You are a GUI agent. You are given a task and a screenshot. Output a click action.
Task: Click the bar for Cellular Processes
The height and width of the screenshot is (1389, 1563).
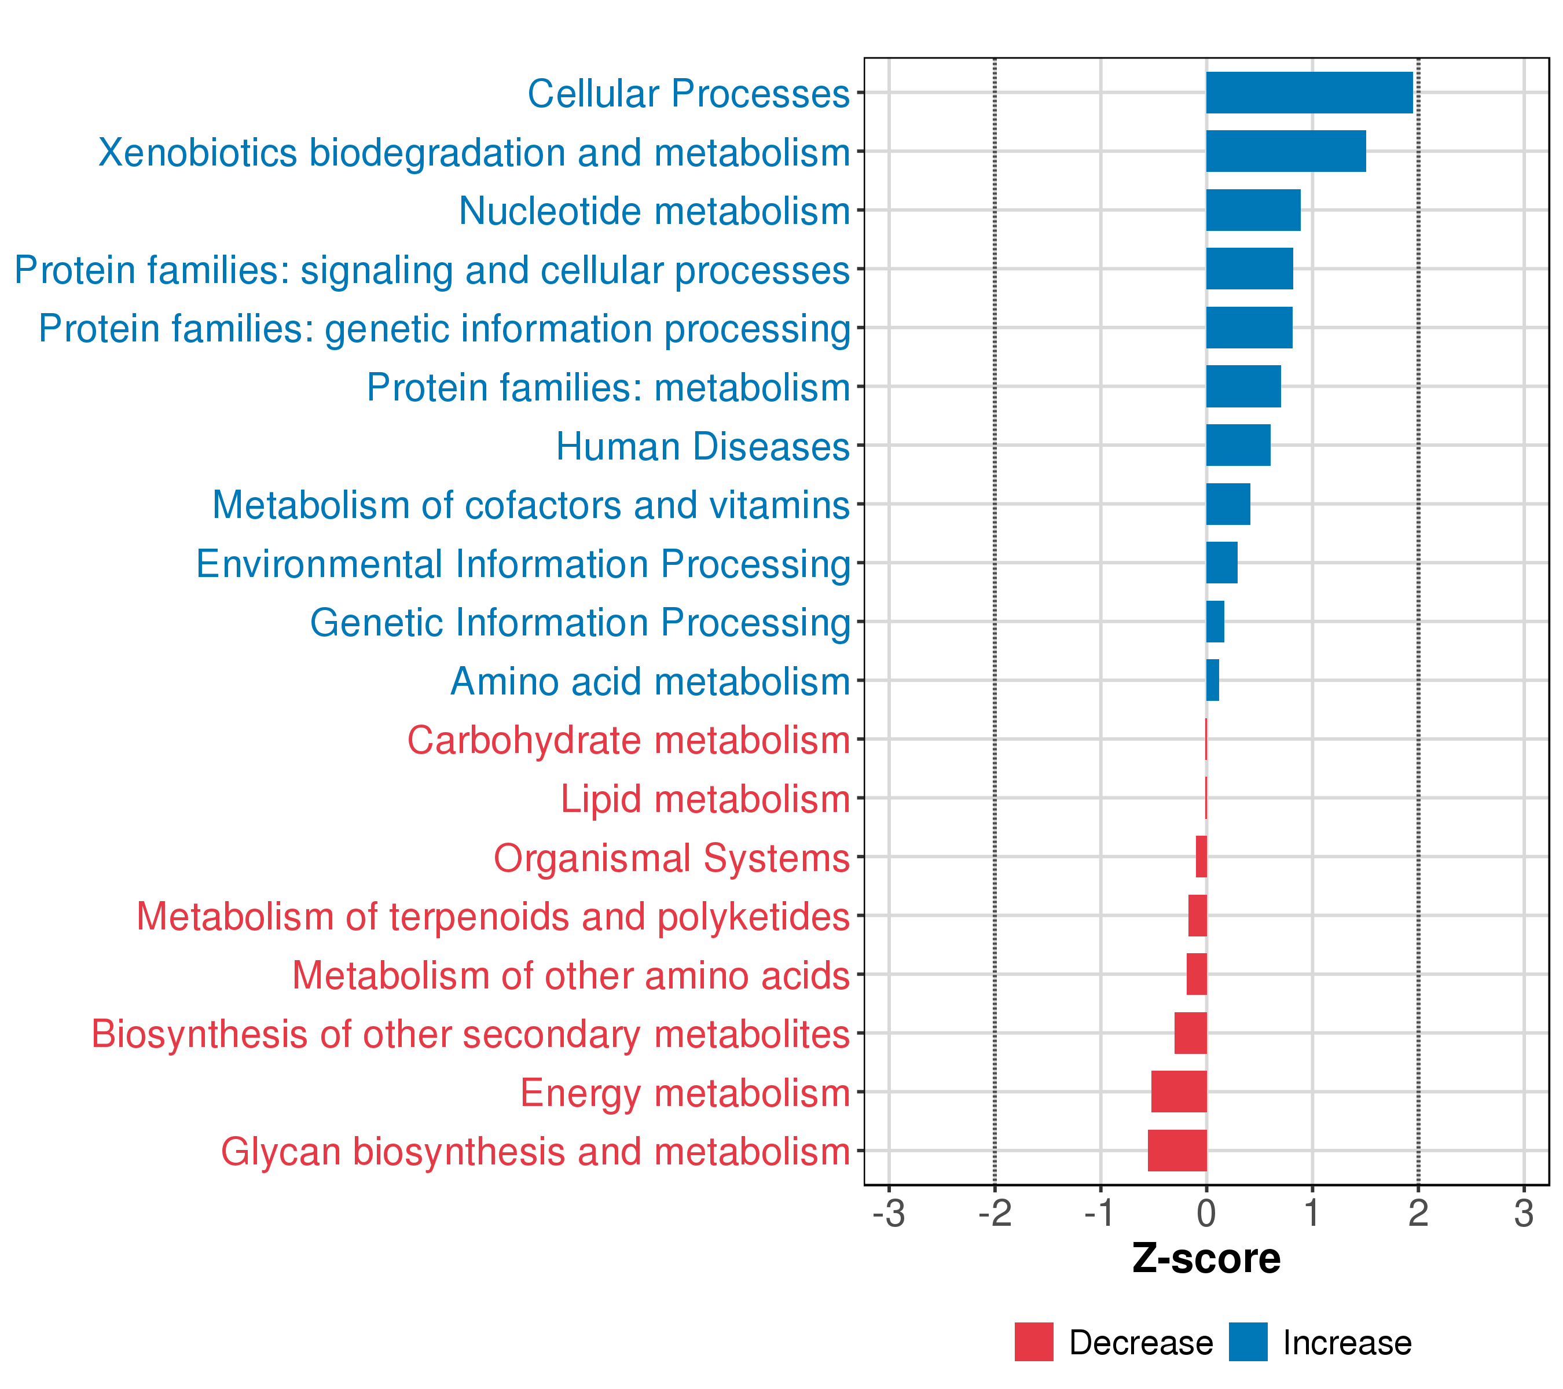[1309, 93]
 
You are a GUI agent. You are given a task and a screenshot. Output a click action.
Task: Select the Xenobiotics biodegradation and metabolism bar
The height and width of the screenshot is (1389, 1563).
[1285, 152]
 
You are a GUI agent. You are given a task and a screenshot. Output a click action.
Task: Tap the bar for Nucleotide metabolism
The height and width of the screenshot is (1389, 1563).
[1253, 210]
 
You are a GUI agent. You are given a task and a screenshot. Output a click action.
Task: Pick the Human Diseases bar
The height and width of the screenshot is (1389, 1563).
[1238, 445]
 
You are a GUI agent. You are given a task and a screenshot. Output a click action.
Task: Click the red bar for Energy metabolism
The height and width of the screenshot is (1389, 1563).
[1179, 1092]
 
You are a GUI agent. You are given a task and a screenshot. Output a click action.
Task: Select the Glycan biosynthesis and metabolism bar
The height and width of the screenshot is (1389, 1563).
[1177, 1151]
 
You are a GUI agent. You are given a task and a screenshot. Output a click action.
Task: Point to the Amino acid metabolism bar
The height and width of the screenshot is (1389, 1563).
[1212, 681]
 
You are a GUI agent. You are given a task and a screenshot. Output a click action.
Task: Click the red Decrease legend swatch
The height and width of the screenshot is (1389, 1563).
[1034, 1342]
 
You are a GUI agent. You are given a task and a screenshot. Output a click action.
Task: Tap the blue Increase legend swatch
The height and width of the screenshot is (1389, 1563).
[1248, 1342]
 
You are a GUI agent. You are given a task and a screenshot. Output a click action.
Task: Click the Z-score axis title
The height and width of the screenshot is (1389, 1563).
[1206, 1258]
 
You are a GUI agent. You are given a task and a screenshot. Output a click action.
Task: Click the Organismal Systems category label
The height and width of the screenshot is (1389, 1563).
[672, 858]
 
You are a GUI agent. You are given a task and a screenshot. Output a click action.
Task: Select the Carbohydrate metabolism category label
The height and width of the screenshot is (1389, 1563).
[629, 741]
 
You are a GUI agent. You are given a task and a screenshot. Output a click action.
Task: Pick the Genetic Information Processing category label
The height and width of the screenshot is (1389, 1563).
[579, 623]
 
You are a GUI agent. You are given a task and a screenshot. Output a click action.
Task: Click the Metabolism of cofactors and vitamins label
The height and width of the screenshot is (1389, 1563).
[531, 505]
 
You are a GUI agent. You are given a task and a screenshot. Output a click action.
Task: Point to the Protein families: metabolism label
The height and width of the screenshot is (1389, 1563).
[608, 388]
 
